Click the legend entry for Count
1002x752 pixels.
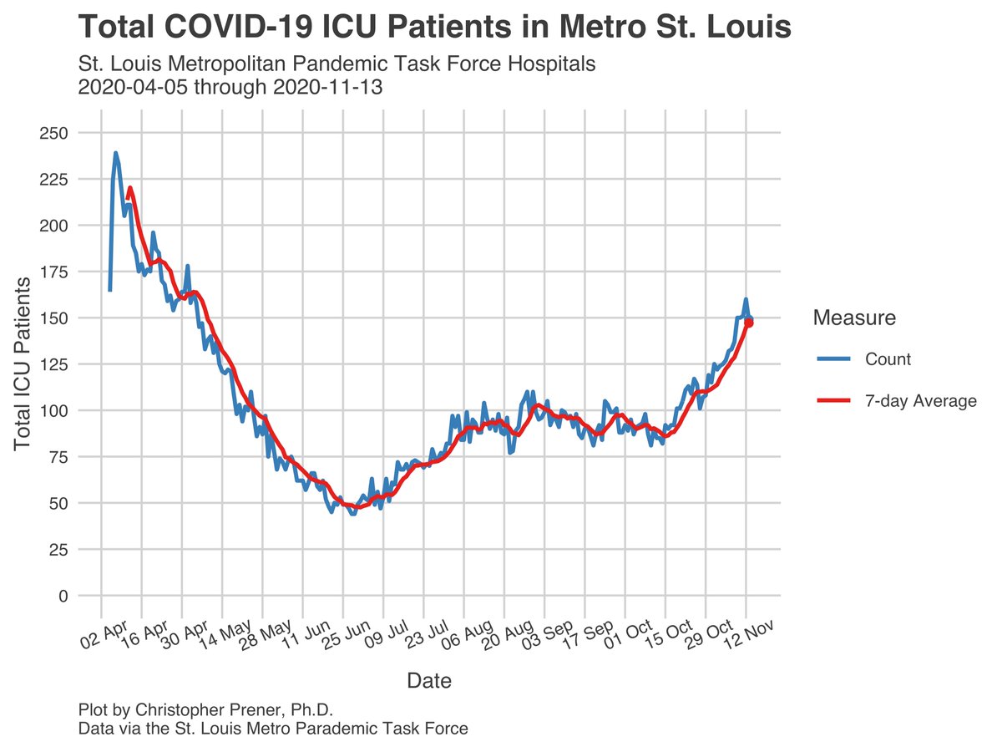pyautogui.click(x=887, y=360)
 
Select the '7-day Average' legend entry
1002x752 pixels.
pyautogui.click(x=920, y=402)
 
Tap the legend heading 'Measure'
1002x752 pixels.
pyautogui.click(x=854, y=318)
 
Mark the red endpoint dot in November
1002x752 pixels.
pyautogui.click(x=749, y=323)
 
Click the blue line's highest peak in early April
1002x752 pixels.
pyautogui.click(x=115, y=153)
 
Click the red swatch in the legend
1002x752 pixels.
pyautogui.click(x=832, y=402)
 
